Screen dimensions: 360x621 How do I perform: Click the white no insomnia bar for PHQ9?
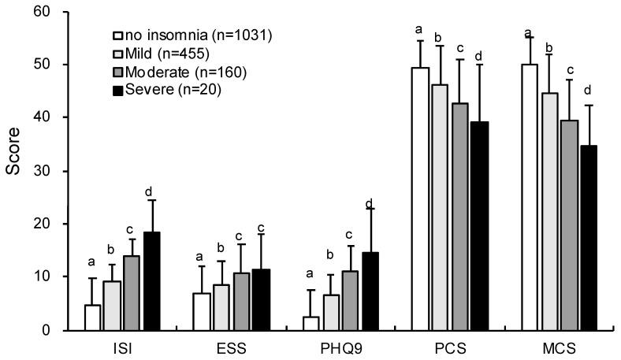coord(310,323)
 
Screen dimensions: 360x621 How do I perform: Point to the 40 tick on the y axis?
coord(67,117)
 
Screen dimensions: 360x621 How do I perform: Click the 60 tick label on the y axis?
coord(50,12)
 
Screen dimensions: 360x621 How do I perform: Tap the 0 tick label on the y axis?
coord(54,330)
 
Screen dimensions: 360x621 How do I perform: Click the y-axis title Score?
coord(13,171)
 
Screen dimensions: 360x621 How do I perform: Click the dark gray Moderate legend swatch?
coord(117,72)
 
